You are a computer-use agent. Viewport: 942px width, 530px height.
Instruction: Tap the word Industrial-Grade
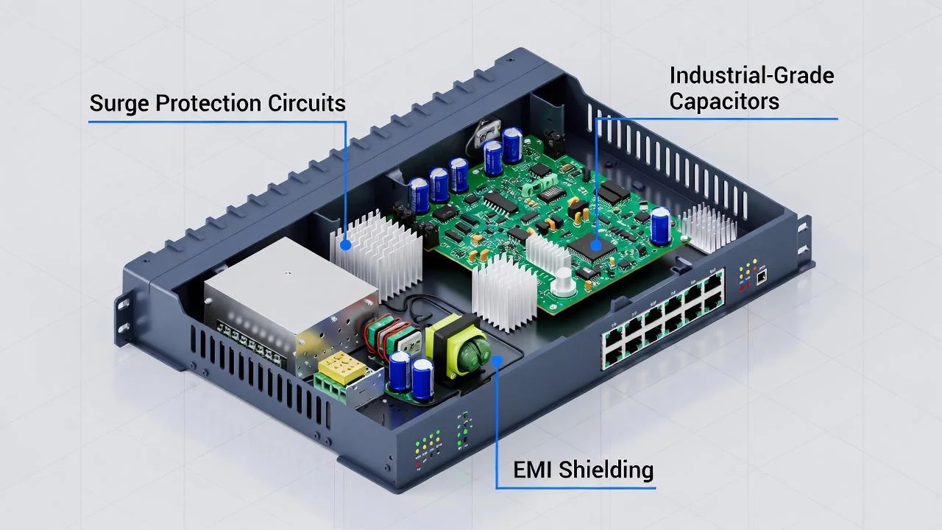pyautogui.click(x=751, y=76)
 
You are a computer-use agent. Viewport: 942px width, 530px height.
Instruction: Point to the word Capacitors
pyautogui.click(x=724, y=101)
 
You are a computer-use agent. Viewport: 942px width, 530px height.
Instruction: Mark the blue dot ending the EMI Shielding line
pyautogui.click(x=497, y=360)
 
